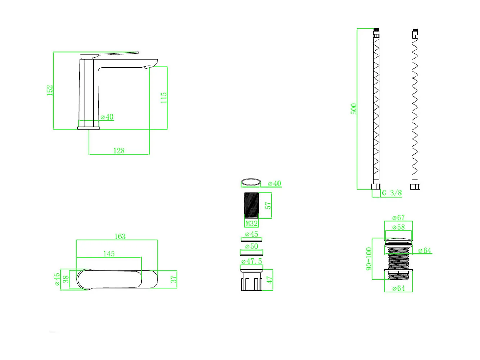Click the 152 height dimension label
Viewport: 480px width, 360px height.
pyautogui.click(x=50, y=90)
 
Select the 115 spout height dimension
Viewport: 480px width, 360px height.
pyautogui.click(x=163, y=98)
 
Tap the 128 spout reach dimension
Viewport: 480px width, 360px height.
pyautogui.click(x=119, y=150)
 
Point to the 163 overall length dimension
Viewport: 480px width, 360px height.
pyautogui.click(x=120, y=236)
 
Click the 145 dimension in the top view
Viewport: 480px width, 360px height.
pyautogui.click(x=109, y=253)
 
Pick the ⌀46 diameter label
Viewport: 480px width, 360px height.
pyautogui.click(x=57, y=279)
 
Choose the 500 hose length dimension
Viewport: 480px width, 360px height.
pyautogui.click(x=353, y=109)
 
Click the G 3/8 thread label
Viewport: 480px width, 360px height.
pyautogui.click(x=392, y=193)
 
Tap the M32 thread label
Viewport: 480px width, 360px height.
pyautogui.click(x=252, y=223)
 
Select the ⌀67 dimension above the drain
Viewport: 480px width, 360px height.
pyautogui.click(x=398, y=217)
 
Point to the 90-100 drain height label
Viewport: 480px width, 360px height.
pyautogui.click(x=369, y=259)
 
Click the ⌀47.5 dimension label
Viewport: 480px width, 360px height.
pyautogui.click(x=252, y=261)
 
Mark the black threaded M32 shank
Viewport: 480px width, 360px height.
pyautogui.click(x=252, y=205)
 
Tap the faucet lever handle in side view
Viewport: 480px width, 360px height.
pyautogui.click(x=109, y=55)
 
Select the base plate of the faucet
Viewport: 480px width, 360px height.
pyautogui.click(x=89, y=128)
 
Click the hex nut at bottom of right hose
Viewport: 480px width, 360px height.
pyautogui.click(x=415, y=186)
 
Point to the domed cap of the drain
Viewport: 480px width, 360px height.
pyautogui.click(x=398, y=242)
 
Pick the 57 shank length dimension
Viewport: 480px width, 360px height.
pyautogui.click(x=268, y=205)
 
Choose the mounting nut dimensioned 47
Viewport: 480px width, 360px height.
pyautogui.click(x=252, y=280)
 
